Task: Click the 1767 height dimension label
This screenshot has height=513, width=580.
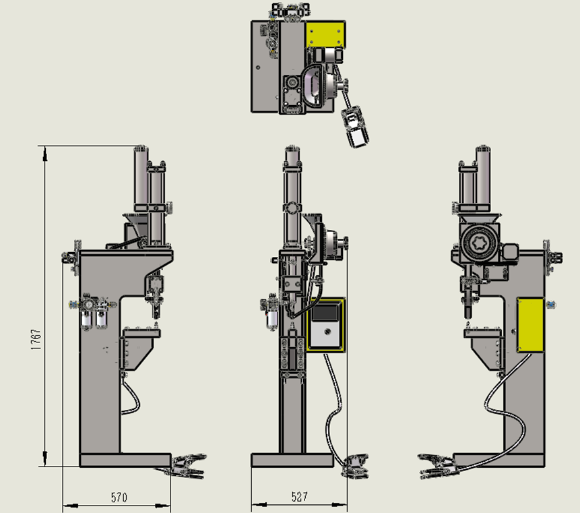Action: tap(36, 340)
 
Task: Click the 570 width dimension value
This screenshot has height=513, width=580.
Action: tap(119, 497)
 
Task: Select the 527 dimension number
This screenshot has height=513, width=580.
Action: tap(299, 497)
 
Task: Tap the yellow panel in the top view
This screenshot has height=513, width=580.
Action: tap(325, 34)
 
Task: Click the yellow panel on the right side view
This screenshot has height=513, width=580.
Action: tap(530, 325)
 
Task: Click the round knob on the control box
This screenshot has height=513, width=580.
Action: tap(327, 332)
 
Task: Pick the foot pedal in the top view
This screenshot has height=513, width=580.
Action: tap(355, 127)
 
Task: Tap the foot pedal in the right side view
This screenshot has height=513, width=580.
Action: tap(437, 466)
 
